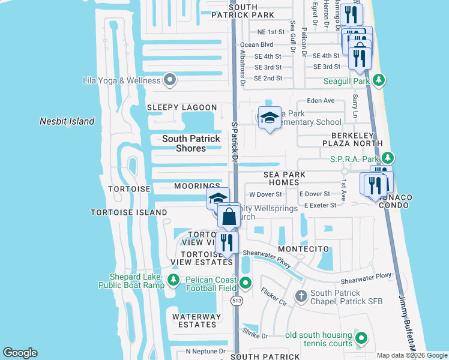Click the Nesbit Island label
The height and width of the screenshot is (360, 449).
[67, 121]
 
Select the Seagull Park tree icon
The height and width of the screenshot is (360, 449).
[378, 80]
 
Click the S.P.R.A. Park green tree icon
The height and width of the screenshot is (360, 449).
[388, 158]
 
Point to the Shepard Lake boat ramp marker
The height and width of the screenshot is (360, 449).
[173, 280]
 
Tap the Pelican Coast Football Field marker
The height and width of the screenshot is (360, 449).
[245, 283]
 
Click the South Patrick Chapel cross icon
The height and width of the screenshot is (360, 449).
[301, 296]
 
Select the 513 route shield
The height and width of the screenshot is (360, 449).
[238, 303]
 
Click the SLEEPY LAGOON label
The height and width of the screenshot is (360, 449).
[182, 107]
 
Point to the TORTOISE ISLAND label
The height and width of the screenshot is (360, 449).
[128, 212]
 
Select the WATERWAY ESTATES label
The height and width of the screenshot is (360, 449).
[194, 320]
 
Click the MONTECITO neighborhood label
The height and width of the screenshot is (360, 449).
[303, 248]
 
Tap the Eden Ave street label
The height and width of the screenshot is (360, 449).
[321, 101]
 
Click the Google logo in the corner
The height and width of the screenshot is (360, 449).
[20, 353]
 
